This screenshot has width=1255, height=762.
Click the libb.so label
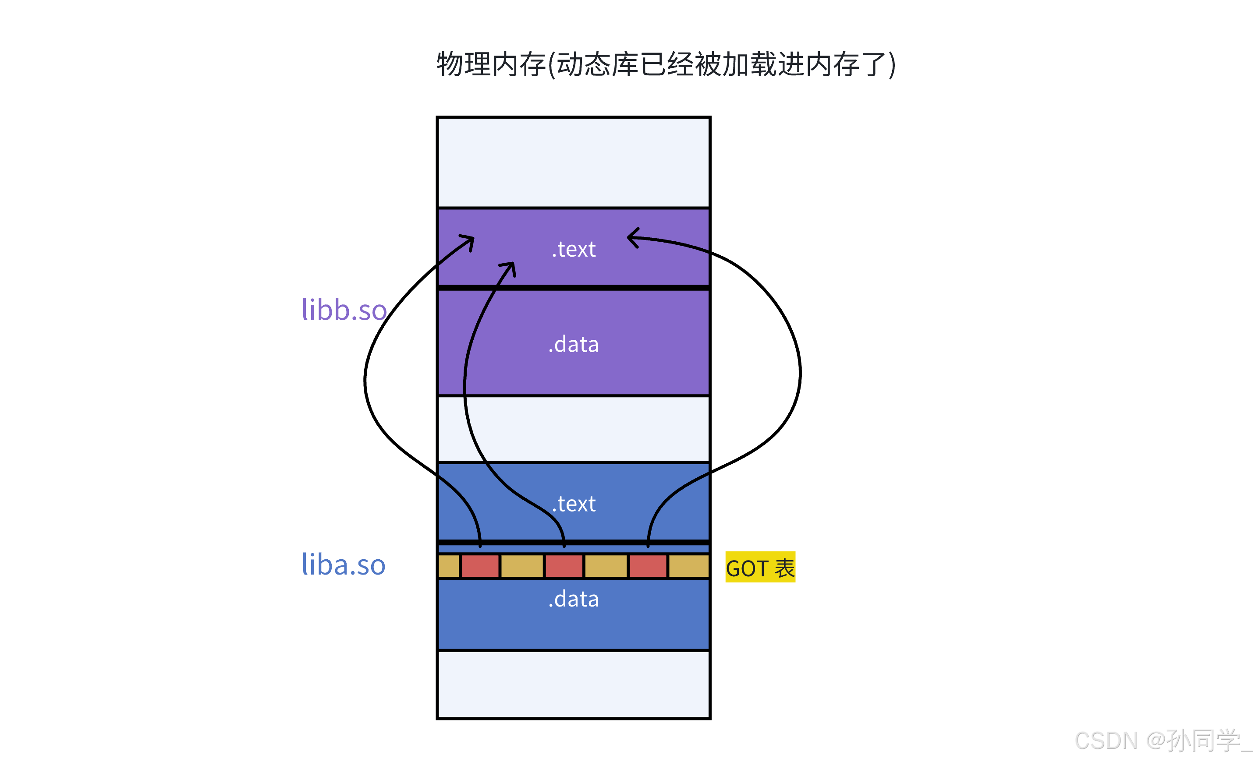click(x=344, y=310)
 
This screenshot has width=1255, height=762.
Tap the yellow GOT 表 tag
click(x=760, y=568)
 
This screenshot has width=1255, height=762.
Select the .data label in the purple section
click(x=574, y=345)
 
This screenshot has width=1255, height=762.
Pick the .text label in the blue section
click(x=574, y=504)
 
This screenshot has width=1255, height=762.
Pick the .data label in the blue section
click(x=574, y=599)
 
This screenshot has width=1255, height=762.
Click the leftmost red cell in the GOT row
click(x=480, y=567)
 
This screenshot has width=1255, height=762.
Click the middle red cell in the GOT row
click(x=564, y=567)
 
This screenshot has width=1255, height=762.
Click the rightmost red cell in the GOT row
click(x=648, y=567)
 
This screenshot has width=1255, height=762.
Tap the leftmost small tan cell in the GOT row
click(x=449, y=567)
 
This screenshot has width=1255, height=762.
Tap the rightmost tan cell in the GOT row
click(x=688, y=567)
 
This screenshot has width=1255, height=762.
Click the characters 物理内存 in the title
click(x=491, y=65)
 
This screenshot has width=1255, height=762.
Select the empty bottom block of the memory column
click(x=574, y=684)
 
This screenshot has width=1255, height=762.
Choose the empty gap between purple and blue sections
click(x=574, y=429)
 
